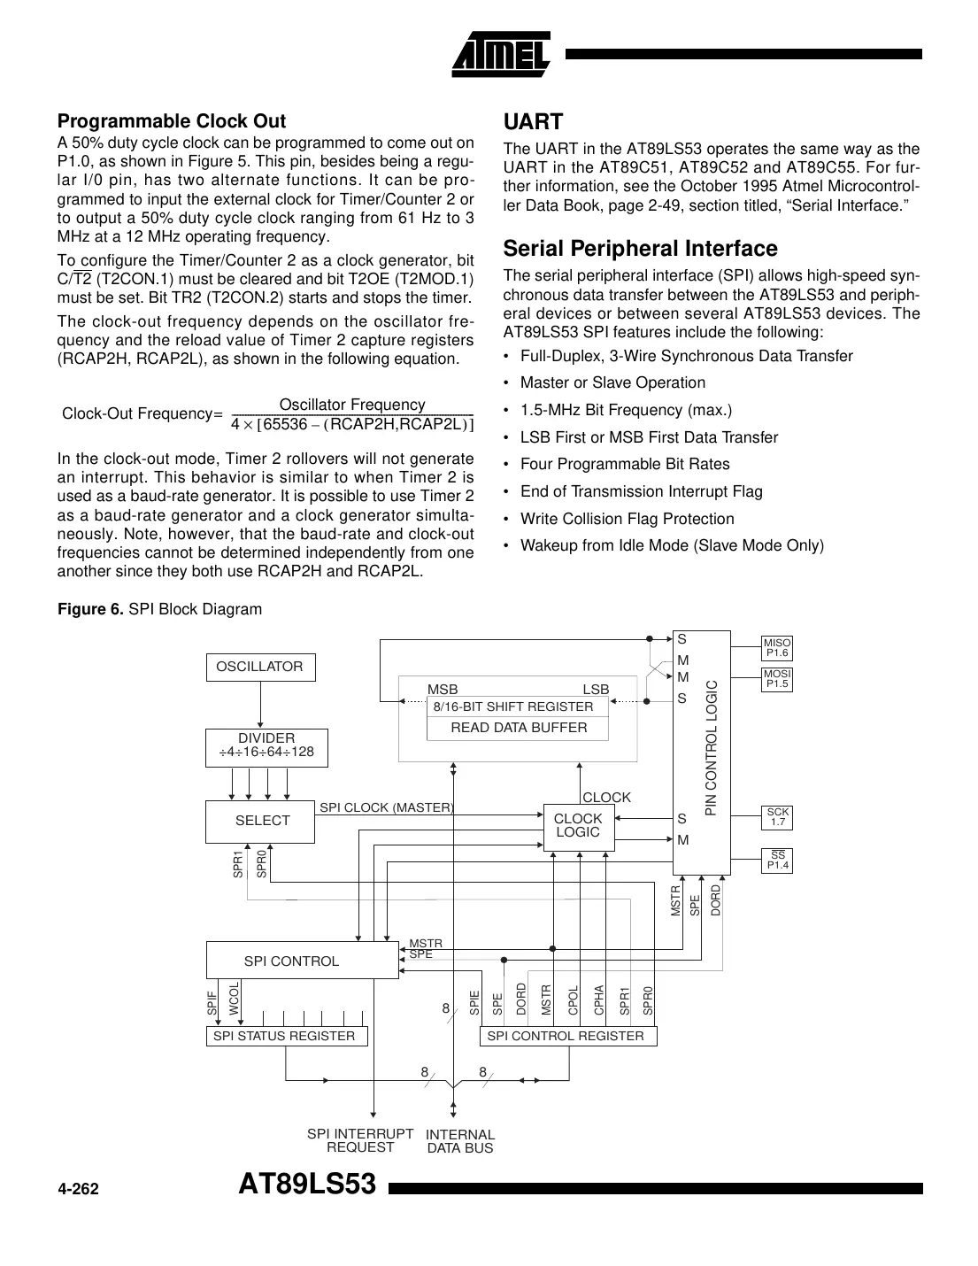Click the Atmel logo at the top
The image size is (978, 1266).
[x=502, y=54]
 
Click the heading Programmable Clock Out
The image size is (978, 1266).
[x=172, y=120]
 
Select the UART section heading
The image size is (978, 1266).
[x=533, y=121]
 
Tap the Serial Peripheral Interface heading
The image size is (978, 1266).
[x=640, y=248]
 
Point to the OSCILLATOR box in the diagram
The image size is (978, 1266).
[x=259, y=668]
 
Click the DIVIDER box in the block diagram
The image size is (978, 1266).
[x=266, y=745]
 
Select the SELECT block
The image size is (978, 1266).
[x=262, y=821]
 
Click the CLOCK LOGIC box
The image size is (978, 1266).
[x=578, y=826]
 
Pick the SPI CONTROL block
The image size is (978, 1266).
[x=292, y=961]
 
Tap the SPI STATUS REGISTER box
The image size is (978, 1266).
[x=284, y=1036]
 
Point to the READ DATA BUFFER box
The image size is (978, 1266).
[x=519, y=728]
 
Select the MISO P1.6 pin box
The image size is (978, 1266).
[x=777, y=648]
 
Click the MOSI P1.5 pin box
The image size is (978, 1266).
[x=777, y=679]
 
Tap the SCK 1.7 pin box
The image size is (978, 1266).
[x=777, y=817]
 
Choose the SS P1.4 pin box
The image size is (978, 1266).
[x=777, y=861]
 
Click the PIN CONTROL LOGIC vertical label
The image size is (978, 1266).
[x=711, y=748]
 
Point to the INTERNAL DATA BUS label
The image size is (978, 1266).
[x=460, y=1141]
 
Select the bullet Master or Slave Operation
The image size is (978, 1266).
[x=612, y=382]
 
